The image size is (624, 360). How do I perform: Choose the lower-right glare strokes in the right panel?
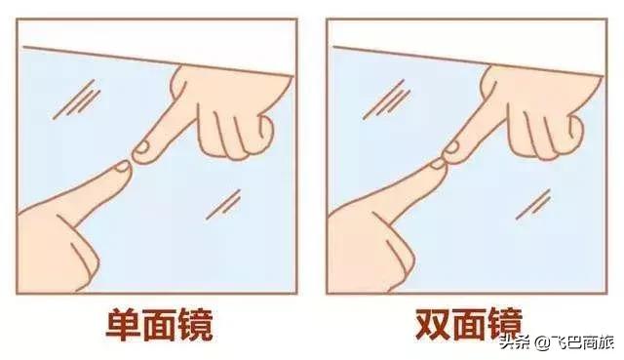coord(532,202)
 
